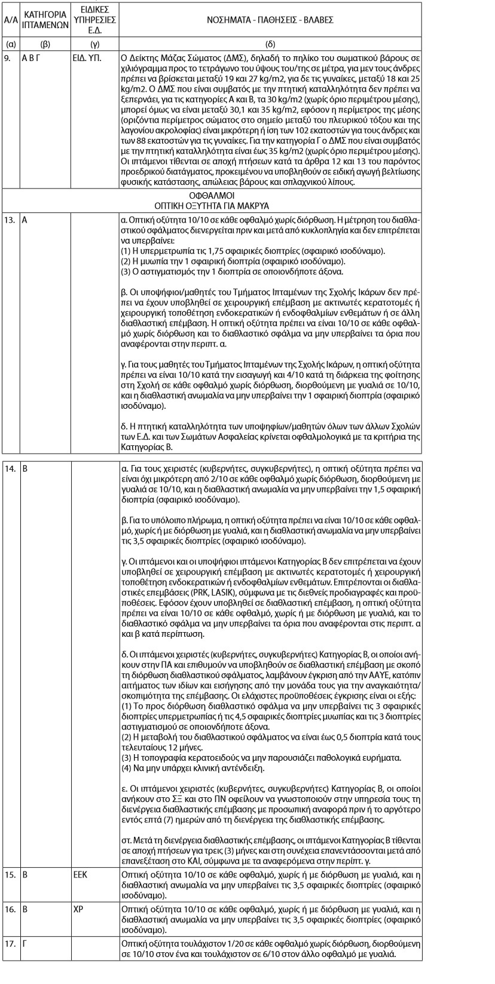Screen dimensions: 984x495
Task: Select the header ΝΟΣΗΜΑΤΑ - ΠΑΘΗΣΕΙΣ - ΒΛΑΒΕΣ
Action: [x=270, y=20]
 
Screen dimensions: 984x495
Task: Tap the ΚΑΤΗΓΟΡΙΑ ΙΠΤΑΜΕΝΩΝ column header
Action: [x=45, y=20]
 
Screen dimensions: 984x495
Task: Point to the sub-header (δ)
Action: [x=270, y=44]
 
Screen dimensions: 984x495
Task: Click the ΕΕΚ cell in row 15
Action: [x=80, y=874]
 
